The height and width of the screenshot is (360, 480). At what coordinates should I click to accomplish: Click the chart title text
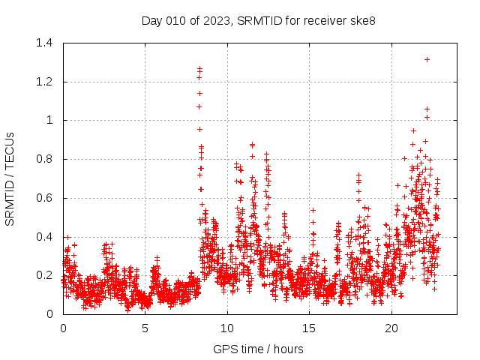click(258, 20)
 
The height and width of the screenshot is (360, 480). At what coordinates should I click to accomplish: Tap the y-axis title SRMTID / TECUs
click(10, 178)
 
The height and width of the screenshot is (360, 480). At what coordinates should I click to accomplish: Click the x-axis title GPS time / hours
click(258, 349)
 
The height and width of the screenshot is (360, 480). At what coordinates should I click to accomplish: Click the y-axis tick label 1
click(49, 120)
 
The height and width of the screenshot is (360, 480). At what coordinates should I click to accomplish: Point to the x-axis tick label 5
click(145, 328)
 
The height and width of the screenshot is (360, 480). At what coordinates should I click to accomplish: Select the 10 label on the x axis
click(227, 328)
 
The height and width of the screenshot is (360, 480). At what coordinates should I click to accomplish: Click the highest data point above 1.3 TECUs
click(427, 59)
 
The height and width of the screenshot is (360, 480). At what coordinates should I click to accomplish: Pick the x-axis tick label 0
click(63, 328)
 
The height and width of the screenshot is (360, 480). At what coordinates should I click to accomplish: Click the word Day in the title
click(151, 20)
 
